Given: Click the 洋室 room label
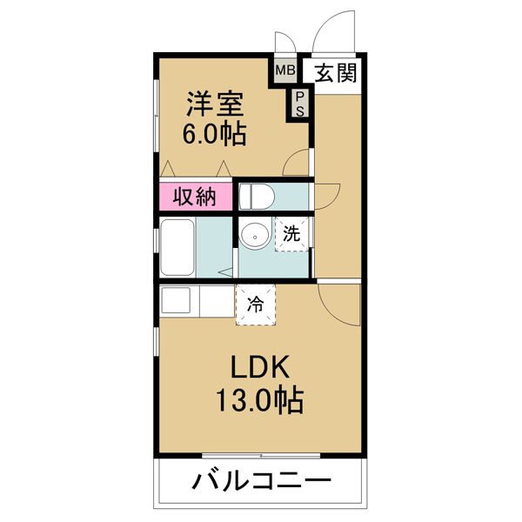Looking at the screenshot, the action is click(215, 104).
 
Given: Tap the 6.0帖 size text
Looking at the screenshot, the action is click(215, 133).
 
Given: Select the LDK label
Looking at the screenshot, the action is click(259, 366).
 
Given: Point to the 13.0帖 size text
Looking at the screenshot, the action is click(259, 399).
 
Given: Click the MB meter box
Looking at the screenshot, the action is click(285, 70).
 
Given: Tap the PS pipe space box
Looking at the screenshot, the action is click(300, 104).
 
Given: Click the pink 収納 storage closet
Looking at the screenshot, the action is click(196, 197).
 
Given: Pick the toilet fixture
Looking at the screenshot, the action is click(257, 197).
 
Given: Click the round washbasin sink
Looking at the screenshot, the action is click(255, 237).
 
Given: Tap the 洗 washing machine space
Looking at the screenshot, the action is click(291, 234).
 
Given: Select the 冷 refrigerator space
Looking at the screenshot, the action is click(256, 304).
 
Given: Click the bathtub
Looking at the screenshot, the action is click(177, 247).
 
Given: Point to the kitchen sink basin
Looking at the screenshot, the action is click(176, 299).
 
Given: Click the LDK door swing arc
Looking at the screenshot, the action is click(333, 313).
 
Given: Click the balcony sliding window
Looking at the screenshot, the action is click(261, 455).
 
